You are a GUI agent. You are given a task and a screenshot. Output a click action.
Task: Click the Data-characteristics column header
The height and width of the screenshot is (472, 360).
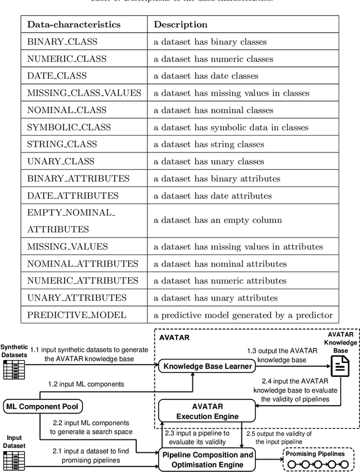click(x=74, y=25)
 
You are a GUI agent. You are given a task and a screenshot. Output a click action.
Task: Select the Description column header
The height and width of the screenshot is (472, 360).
click(x=181, y=25)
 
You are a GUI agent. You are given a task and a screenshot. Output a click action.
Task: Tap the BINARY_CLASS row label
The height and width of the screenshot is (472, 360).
click(x=62, y=42)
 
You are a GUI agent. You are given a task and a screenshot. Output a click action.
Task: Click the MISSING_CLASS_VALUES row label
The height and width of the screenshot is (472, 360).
click(x=84, y=93)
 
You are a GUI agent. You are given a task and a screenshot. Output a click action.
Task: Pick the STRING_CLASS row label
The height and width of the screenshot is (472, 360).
click(x=62, y=144)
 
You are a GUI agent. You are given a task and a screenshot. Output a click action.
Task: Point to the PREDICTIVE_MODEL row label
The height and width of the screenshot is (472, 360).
click(x=76, y=315)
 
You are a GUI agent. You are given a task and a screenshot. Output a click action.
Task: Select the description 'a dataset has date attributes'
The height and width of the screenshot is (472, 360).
click(x=217, y=195)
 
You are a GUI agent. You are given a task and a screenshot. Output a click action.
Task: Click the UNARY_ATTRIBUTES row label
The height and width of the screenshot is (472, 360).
click(x=77, y=298)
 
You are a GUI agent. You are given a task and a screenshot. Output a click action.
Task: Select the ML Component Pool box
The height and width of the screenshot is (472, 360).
click(x=42, y=406)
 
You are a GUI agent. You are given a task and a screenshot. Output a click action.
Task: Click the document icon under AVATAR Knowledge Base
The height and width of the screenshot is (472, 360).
click(x=339, y=367)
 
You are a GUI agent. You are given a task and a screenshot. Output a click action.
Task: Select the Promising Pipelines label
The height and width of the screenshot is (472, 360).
click(x=318, y=453)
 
